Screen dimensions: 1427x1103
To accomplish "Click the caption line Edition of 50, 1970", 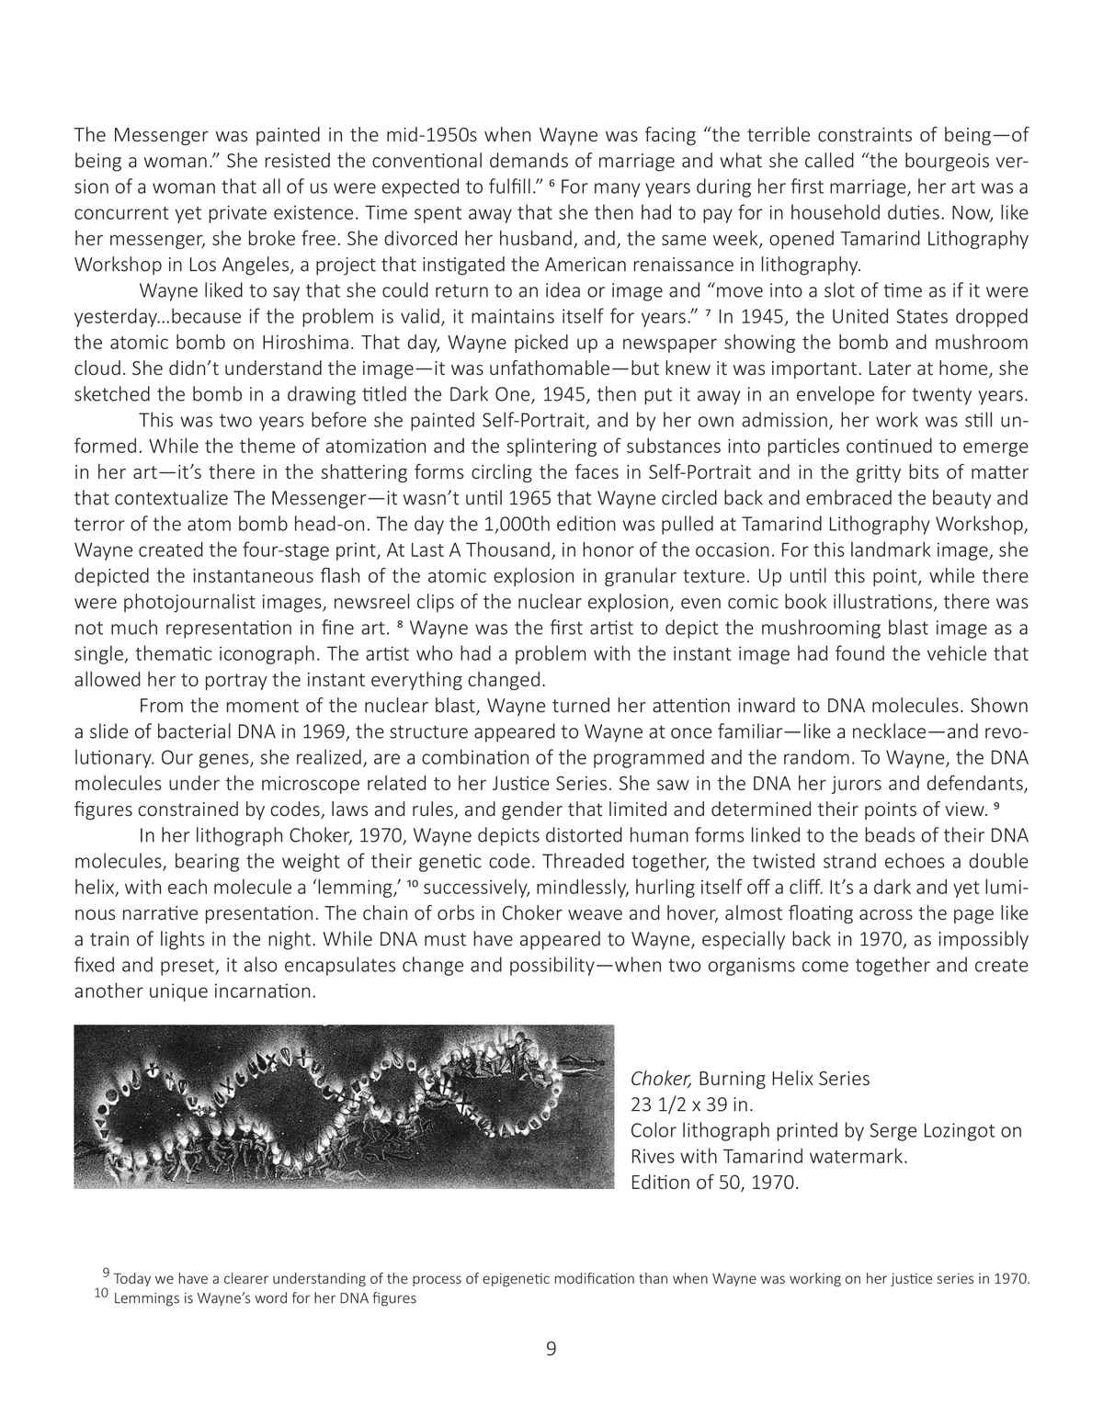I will pyautogui.click(x=715, y=1182).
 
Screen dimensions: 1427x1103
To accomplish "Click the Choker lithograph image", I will pyautogui.click(x=344, y=1106).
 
